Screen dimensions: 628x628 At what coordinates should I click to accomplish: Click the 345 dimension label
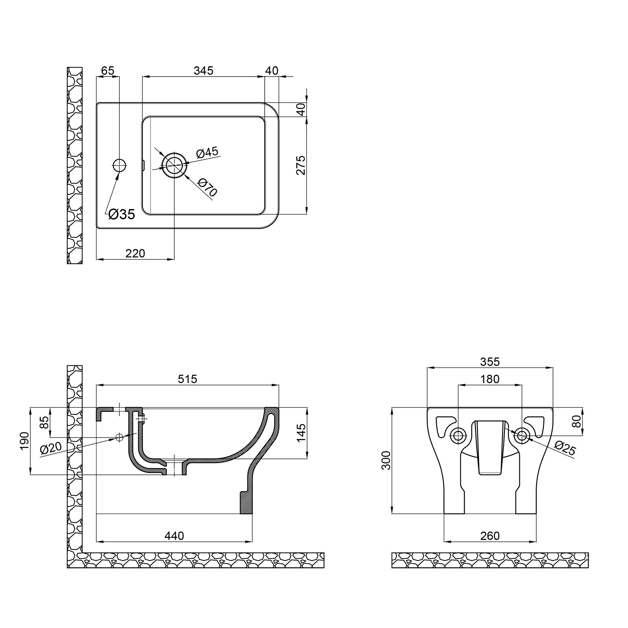coord(203,71)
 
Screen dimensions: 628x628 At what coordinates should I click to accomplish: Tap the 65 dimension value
coord(108,71)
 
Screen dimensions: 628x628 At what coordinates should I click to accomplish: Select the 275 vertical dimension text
coord(301,165)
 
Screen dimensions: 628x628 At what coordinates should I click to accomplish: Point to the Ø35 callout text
coord(122,214)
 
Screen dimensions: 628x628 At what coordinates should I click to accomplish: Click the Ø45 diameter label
coord(207,153)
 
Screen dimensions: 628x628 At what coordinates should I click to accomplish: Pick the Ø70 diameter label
coord(207,187)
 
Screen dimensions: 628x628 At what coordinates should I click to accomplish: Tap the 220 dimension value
coord(135,253)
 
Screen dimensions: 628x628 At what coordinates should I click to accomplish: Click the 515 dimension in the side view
coord(187,379)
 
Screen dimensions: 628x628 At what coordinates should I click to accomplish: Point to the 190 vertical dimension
coord(25,441)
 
